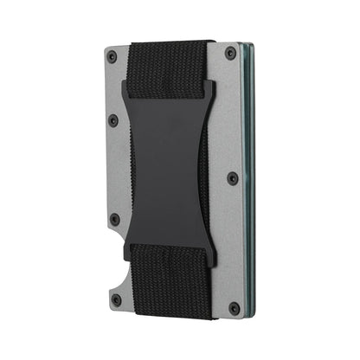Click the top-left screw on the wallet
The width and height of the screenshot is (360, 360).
(x=112, y=56)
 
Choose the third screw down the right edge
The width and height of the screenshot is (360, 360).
(x=233, y=180)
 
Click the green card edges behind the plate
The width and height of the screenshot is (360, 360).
(x=251, y=173)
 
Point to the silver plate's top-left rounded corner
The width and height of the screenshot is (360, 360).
(x=104, y=48)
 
